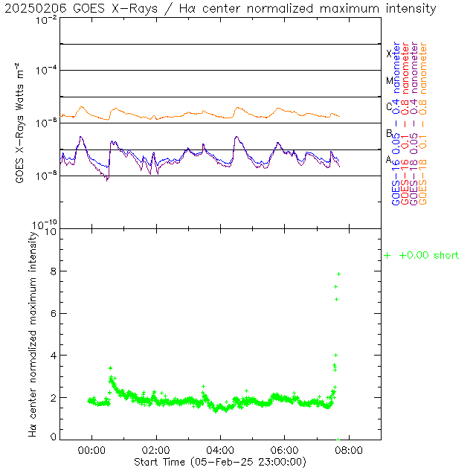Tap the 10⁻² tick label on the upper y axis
pyautogui.click(x=45, y=19)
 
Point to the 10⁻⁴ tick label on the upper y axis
pyautogui.click(x=45, y=71)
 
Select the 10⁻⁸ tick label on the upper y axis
pyautogui.click(x=45, y=176)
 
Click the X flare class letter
pyautogui.click(x=389, y=54)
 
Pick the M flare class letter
pyautogui.click(x=389, y=80)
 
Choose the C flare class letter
pyautogui.click(x=389, y=106)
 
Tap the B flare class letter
pyautogui.click(x=389, y=133)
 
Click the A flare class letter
pyautogui.click(x=389, y=159)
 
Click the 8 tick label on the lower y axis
pyautogui.click(x=52, y=272)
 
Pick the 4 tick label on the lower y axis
pyautogui.click(x=52, y=356)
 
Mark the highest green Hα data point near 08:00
pyautogui.click(x=338, y=274)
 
